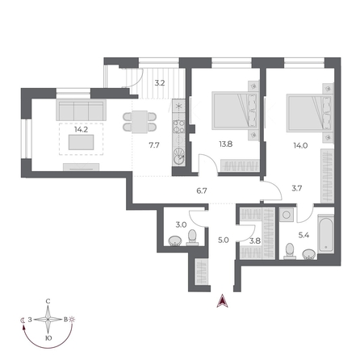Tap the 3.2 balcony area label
point(160,82)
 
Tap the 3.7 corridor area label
point(296,189)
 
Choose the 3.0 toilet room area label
point(182,224)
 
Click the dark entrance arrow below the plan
point(224,303)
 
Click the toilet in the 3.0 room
point(192,237)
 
